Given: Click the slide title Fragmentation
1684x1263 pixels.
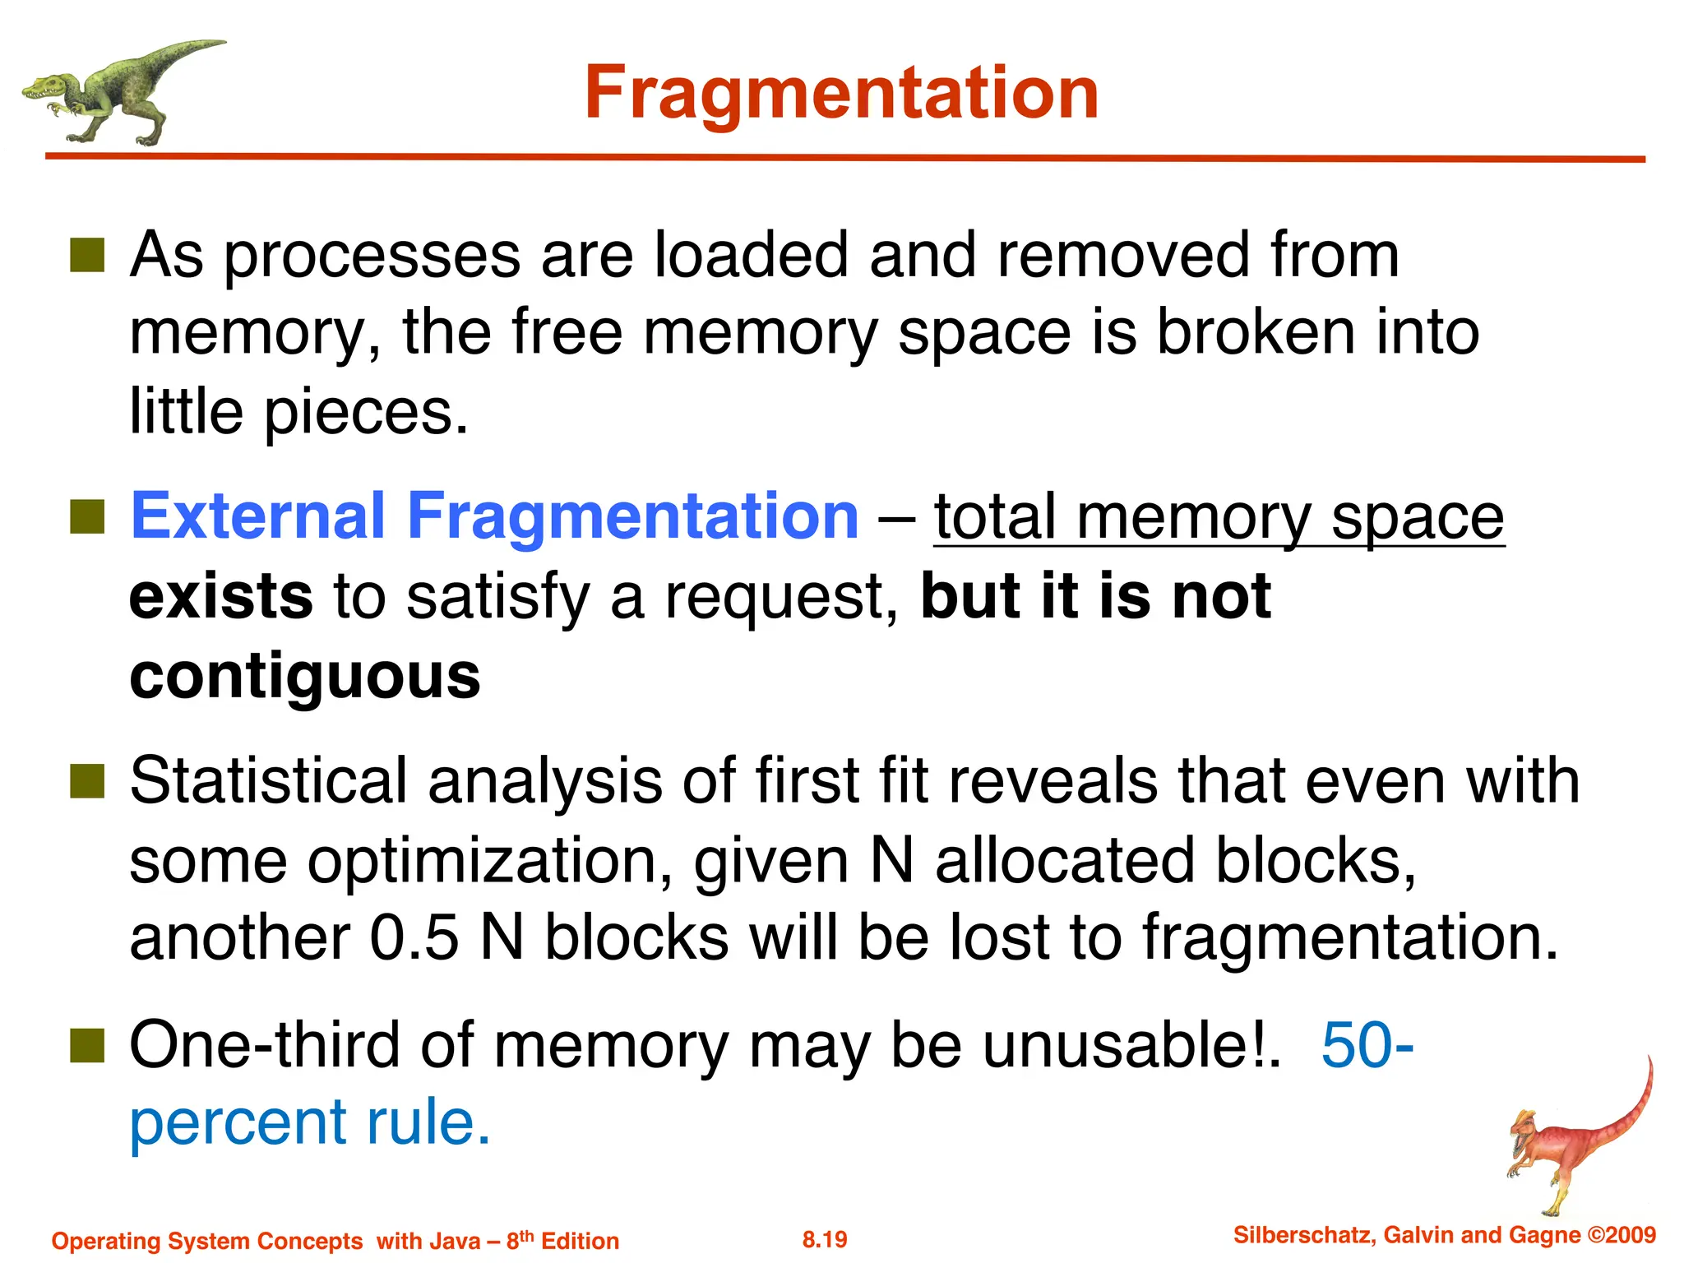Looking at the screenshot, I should [841, 93].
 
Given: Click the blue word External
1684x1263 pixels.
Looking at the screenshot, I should [257, 516].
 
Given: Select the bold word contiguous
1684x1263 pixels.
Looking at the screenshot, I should [305, 676].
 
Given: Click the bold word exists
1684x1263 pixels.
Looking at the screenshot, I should [221, 596].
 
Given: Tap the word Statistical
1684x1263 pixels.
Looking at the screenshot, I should [268, 780].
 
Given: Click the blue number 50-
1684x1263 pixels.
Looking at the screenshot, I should [1367, 1044].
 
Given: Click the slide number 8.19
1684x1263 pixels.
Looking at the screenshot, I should [825, 1239].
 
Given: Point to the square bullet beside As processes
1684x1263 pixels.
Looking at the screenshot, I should [87, 256].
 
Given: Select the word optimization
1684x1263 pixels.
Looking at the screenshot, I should [490, 860].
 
